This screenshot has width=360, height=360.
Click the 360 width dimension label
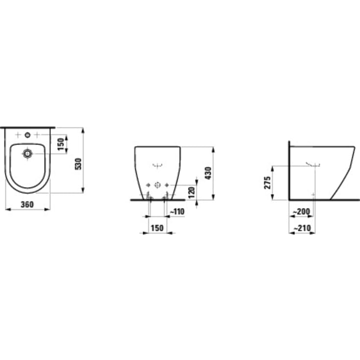(27, 205)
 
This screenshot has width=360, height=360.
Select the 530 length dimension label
(77, 164)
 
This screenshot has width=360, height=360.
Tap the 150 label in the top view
(61, 144)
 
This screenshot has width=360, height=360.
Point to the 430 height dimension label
(208, 173)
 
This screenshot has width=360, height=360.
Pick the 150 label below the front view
(157, 228)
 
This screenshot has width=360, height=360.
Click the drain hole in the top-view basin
(27, 153)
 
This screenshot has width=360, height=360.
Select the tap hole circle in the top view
(27, 134)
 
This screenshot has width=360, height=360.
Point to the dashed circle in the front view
(158, 185)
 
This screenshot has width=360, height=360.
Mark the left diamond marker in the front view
(148, 185)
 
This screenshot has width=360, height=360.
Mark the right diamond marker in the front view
(168, 185)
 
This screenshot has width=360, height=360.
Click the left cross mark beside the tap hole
(18, 134)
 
